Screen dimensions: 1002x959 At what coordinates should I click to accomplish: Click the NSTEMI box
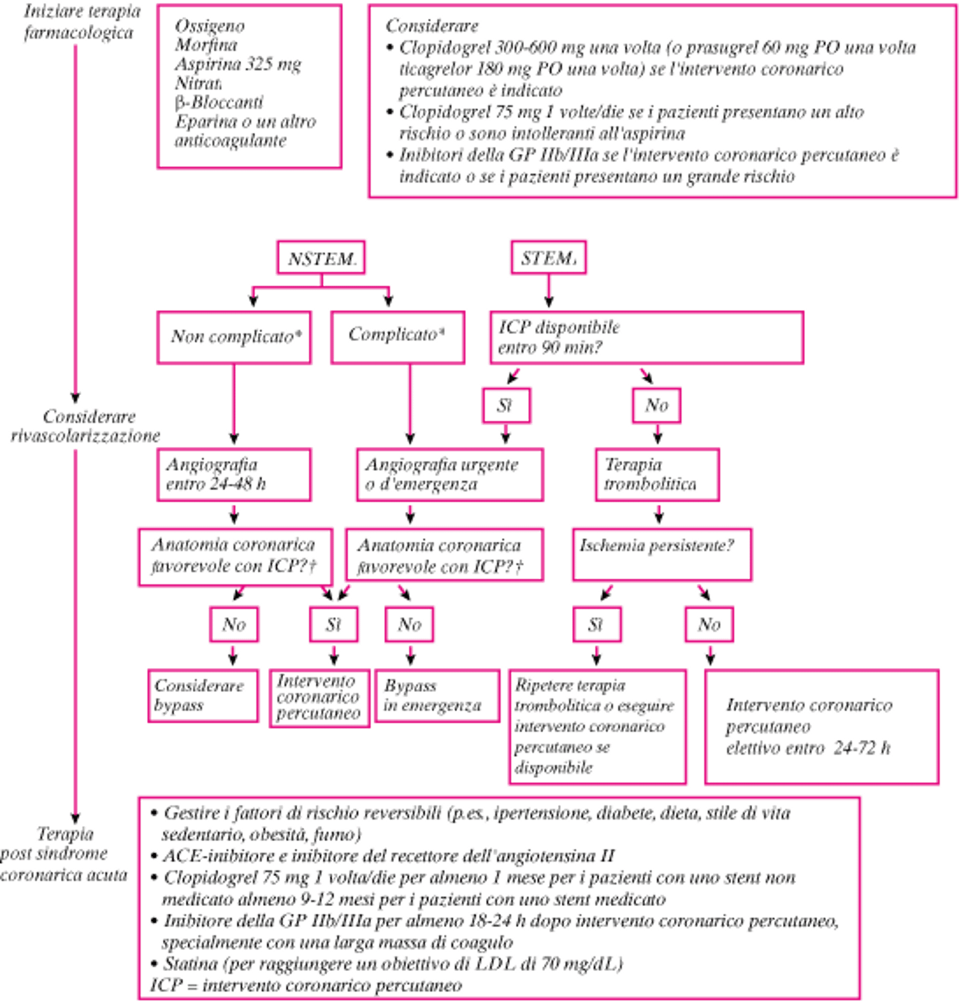click(321, 258)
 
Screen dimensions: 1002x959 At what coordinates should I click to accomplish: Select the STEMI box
click(549, 258)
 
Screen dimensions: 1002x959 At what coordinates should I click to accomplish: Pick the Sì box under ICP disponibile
click(506, 406)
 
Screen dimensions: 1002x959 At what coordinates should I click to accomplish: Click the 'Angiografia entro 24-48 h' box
click(234, 475)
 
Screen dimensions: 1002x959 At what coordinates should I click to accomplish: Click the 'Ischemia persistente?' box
click(661, 555)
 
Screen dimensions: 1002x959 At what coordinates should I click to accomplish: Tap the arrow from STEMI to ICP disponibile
click(549, 291)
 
